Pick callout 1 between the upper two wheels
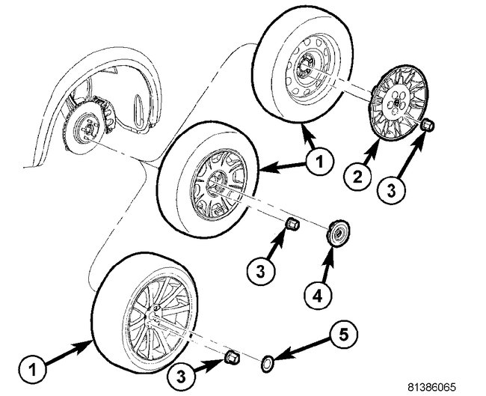click(x=318, y=159)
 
